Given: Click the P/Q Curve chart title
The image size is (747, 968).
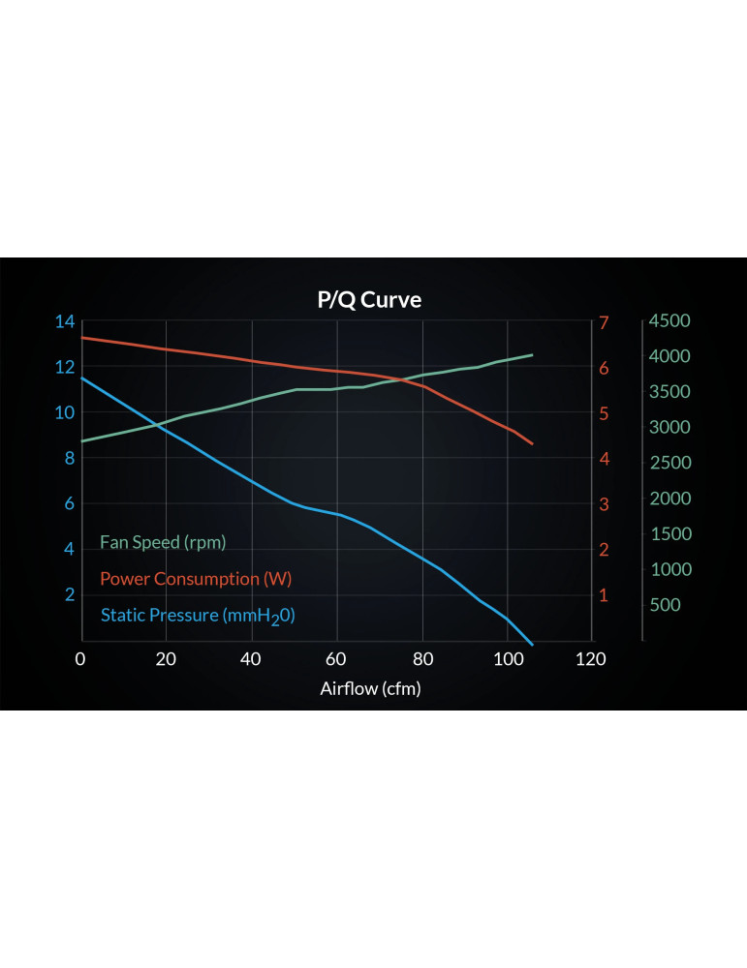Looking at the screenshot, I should [369, 300].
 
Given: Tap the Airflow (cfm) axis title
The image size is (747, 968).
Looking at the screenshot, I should [370, 688].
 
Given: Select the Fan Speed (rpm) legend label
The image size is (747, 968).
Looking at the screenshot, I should [163, 542].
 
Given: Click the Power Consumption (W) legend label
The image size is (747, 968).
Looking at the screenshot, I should [196, 579].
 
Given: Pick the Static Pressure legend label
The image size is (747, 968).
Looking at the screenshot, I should [198, 615].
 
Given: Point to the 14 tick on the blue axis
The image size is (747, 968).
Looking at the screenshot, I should [65, 321].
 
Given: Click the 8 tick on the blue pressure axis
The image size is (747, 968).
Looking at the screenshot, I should [70, 458].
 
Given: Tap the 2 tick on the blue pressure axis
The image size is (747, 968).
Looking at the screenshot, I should [70, 594].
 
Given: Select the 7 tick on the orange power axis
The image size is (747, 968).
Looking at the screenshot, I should [605, 321].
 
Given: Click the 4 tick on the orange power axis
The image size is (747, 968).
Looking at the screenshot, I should [605, 458].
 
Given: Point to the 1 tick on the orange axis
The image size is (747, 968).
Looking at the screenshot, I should [605, 594].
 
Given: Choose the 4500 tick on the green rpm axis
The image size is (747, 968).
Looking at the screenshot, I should [670, 321].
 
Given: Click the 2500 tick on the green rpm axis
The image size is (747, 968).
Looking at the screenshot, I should [670, 463].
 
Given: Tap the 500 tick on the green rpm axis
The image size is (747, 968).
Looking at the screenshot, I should [667, 605].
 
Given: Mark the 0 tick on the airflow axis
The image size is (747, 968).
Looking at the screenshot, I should [81, 659].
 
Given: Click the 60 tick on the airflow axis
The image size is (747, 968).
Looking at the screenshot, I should [336, 659].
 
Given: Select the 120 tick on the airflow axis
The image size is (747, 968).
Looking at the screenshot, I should [591, 659].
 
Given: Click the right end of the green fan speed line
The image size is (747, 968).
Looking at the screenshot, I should [532, 355].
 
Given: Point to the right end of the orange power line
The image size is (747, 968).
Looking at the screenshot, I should [532, 443].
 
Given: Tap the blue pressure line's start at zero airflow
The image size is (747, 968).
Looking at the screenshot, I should [82, 378].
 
